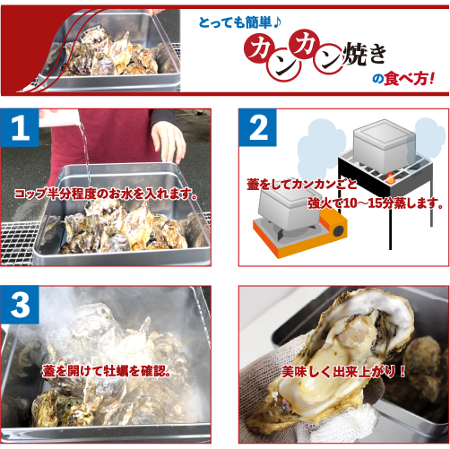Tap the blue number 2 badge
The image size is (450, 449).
tap(259, 131)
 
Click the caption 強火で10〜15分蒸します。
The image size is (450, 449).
tap(376, 203)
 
